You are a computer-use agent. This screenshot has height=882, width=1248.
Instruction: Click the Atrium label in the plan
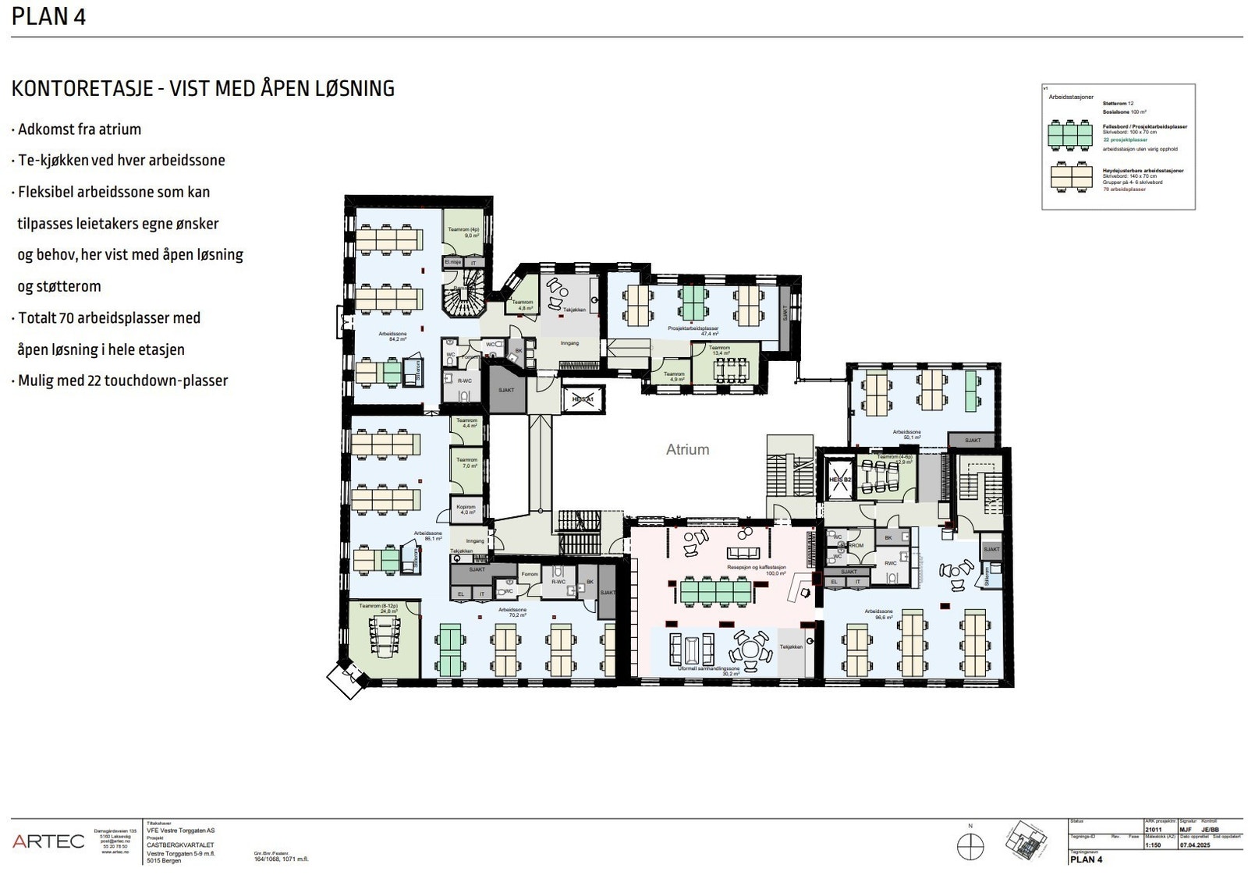(x=687, y=449)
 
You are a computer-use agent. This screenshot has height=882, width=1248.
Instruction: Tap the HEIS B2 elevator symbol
(x=838, y=478)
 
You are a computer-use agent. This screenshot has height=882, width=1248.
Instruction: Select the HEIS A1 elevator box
(x=583, y=398)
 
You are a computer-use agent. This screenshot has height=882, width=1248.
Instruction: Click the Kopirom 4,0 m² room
(x=467, y=510)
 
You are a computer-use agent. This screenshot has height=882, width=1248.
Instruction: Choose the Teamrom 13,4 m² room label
(x=719, y=350)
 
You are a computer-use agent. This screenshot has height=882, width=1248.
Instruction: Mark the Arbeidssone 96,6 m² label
(x=878, y=614)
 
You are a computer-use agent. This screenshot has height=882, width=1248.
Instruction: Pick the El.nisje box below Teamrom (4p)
(x=452, y=263)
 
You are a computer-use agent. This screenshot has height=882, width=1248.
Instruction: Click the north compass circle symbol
(x=970, y=846)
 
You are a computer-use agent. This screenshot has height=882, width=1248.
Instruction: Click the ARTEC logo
(x=48, y=841)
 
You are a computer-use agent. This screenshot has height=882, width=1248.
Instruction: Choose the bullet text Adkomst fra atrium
(x=79, y=129)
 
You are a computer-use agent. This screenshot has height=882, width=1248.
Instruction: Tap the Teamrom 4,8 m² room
(x=523, y=305)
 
